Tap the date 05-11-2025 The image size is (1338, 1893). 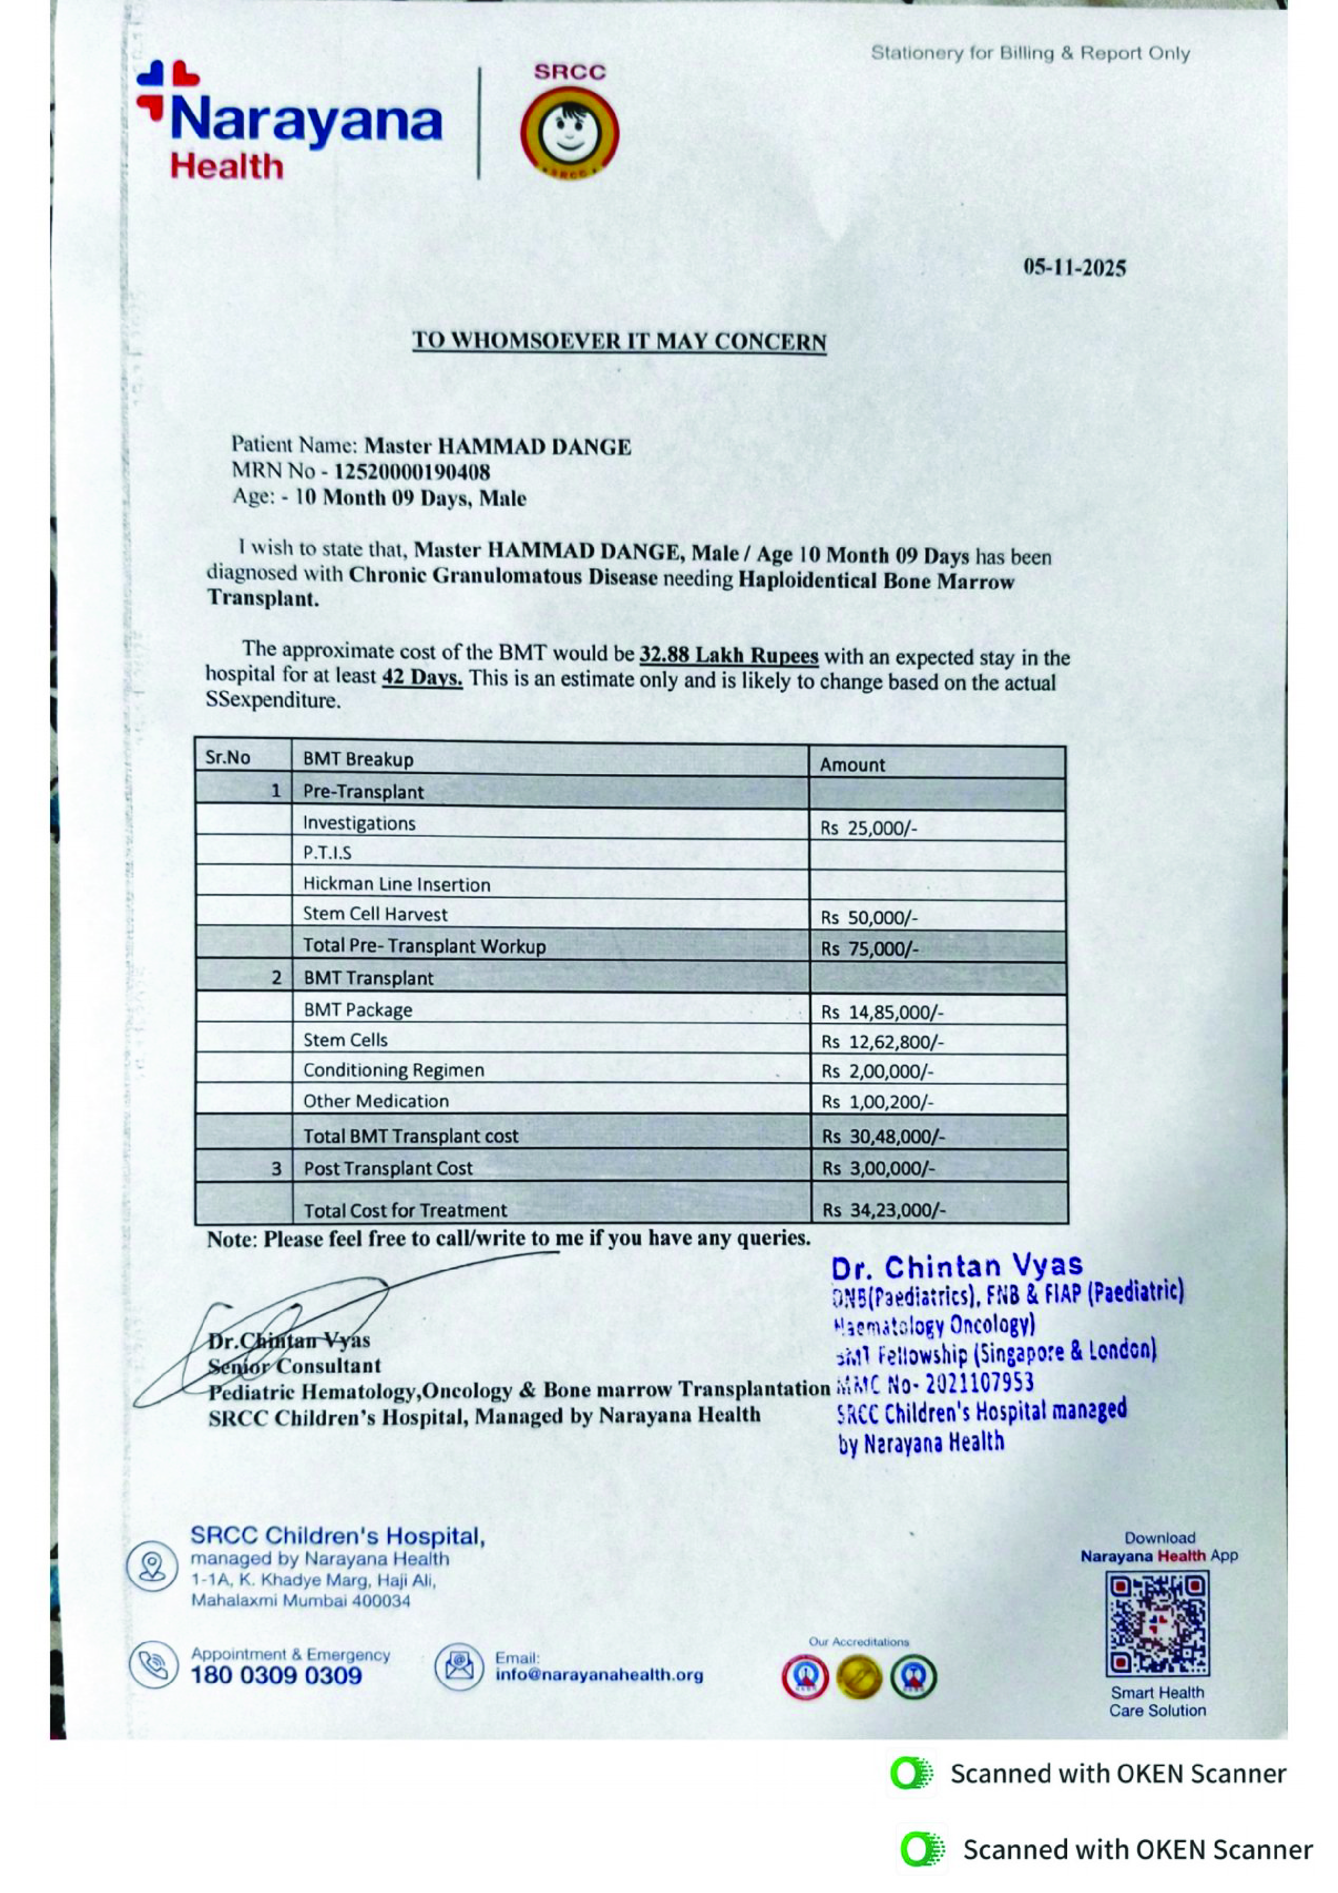click(x=1074, y=268)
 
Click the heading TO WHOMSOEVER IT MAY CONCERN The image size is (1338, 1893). click(x=619, y=341)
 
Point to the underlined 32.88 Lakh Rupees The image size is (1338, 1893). click(x=729, y=655)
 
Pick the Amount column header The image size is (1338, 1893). click(x=852, y=764)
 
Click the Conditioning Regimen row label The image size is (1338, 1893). click(x=393, y=1070)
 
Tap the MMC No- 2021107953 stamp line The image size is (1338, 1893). click(x=935, y=1383)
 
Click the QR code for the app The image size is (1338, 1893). click(x=1157, y=1623)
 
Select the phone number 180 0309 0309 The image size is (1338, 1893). click(x=276, y=1676)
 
